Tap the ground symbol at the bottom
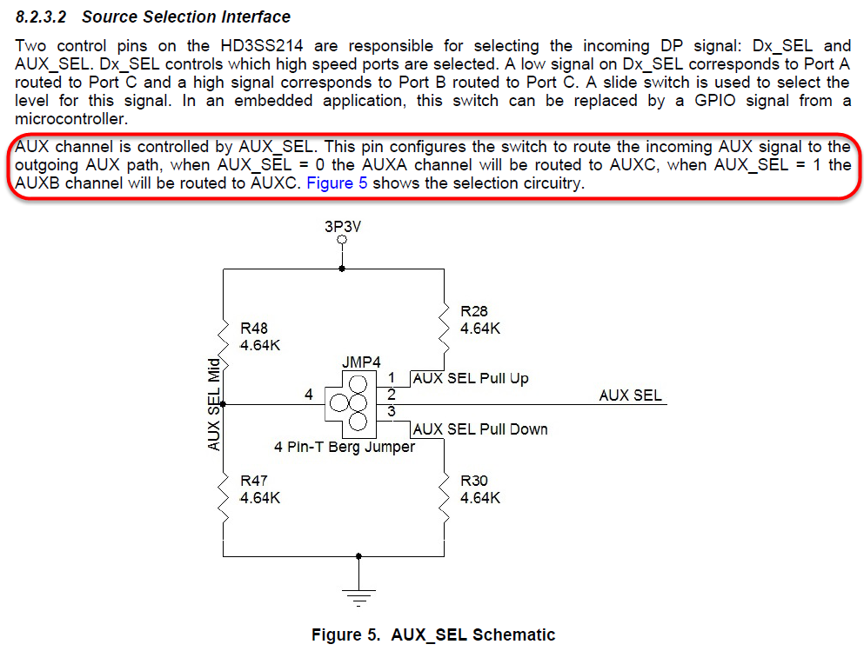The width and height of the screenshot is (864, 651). [x=357, y=595]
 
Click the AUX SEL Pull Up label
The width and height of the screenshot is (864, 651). [x=471, y=379]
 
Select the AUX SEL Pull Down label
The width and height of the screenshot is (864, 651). [x=480, y=428]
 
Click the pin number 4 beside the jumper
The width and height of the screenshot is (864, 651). [x=308, y=395]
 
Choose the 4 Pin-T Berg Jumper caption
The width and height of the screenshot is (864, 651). [x=344, y=448]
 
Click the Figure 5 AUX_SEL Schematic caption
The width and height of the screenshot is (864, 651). [x=432, y=635]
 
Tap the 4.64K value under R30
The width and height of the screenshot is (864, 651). [x=480, y=498]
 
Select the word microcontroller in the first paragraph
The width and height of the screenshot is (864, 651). [x=71, y=119]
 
